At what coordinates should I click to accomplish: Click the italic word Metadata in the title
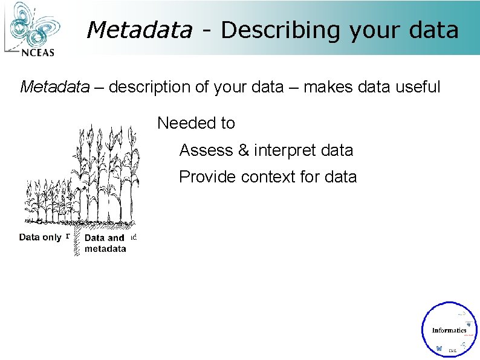[139, 30]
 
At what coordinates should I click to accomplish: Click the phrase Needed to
[196, 123]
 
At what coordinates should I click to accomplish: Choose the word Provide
[207, 177]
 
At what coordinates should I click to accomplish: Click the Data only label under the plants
[40, 237]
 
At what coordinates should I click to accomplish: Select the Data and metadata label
[105, 243]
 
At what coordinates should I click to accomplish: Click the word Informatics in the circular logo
[449, 330]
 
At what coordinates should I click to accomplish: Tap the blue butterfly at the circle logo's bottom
[439, 349]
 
